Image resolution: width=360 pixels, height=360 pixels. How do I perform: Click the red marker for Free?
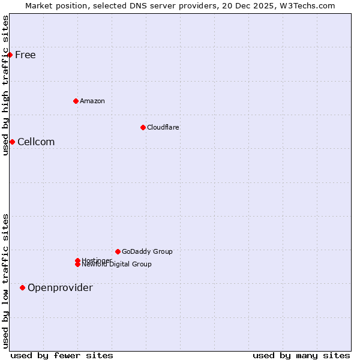pyautogui.click(x=10, y=55)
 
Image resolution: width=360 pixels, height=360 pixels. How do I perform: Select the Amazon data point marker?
pyautogui.click(x=76, y=101)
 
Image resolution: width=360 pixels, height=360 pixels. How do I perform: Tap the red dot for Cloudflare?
pyautogui.click(x=143, y=127)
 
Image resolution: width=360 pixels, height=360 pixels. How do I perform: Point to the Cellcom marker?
pyautogui.click(x=12, y=142)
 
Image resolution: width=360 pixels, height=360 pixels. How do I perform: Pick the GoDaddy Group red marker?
pyautogui.click(x=118, y=251)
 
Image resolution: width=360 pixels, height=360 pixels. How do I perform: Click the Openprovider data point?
pyautogui.click(x=22, y=287)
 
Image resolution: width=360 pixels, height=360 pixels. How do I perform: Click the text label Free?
pyautogui.click(x=25, y=55)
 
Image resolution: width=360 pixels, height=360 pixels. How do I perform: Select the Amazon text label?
pyautogui.click(x=92, y=101)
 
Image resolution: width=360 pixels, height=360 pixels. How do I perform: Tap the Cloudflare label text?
pyautogui.click(x=163, y=127)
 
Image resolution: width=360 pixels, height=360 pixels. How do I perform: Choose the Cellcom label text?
pyautogui.click(x=36, y=142)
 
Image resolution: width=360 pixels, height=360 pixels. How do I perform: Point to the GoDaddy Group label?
pyautogui.click(x=147, y=251)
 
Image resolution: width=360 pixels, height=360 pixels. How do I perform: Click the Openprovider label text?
pyautogui.click(x=60, y=287)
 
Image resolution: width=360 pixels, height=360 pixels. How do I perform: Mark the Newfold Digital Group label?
pyautogui.click(x=116, y=264)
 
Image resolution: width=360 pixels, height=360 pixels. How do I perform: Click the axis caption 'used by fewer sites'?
pyautogui.click(x=62, y=355)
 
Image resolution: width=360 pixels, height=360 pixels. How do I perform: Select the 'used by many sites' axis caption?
pyautogui.click(x=301, y=355)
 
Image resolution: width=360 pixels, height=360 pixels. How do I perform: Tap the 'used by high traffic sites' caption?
pyautogui.click(x=5, y=85)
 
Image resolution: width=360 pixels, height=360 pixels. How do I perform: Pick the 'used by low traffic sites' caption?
pyautogui.click(x=5, y=281)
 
